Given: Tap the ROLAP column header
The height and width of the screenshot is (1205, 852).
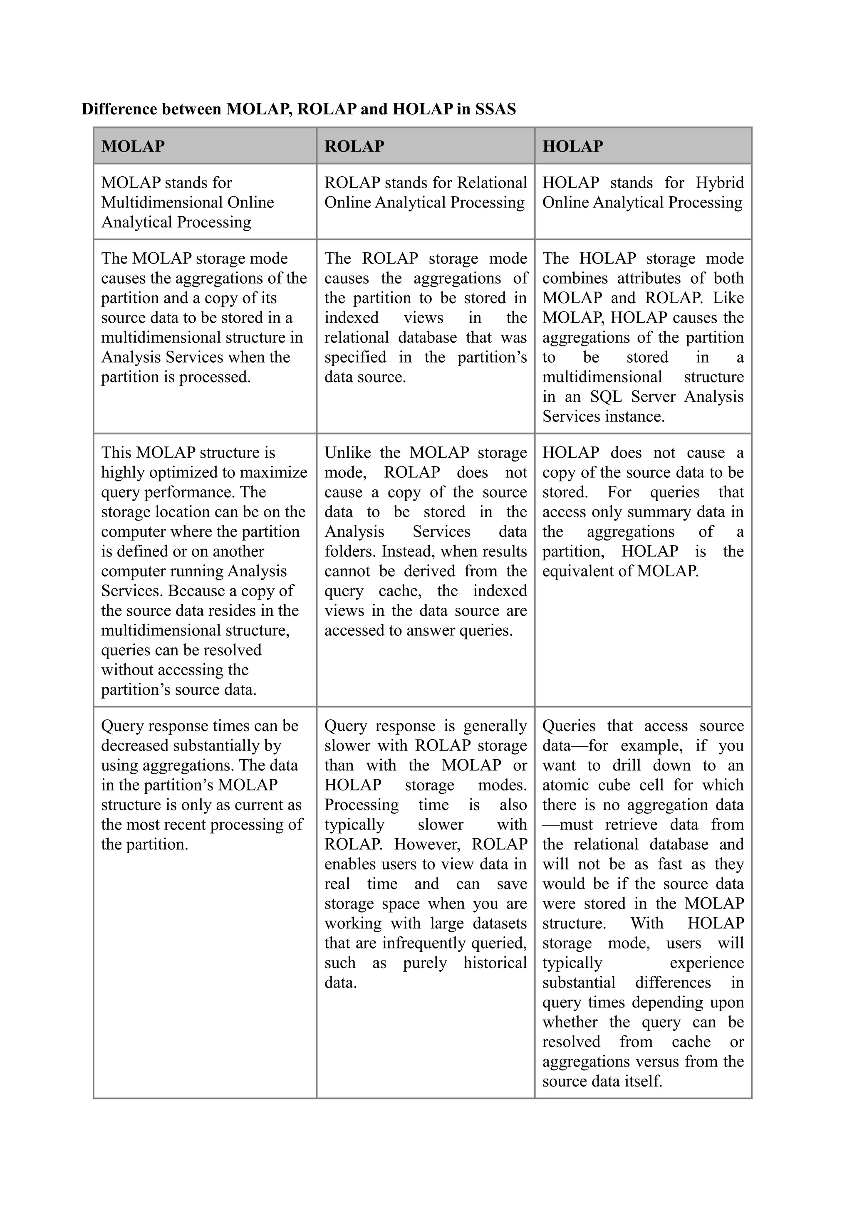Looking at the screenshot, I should click(354, 146).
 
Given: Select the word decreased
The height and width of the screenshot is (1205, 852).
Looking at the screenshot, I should click(134, 746).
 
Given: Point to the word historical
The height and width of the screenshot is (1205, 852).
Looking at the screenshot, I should click(495, 963).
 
